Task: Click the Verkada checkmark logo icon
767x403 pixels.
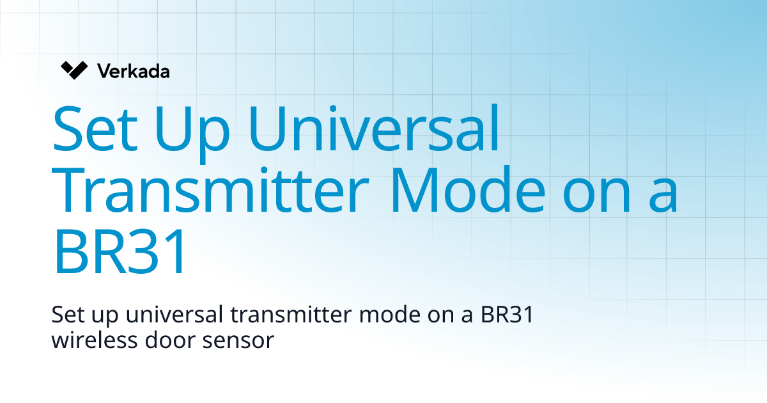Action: point(74,70)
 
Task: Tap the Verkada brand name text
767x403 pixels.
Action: point(134,71)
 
